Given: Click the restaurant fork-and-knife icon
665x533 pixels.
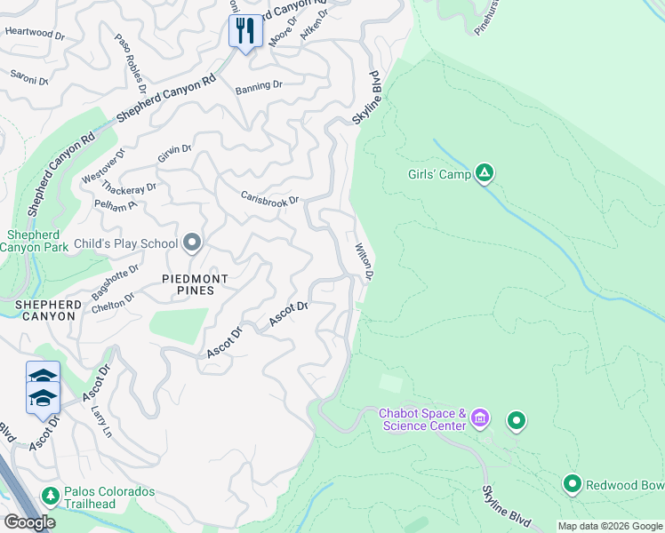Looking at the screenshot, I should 243,32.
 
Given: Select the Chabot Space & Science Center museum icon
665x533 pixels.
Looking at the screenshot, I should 480,418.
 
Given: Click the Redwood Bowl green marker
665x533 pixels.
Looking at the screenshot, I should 573,484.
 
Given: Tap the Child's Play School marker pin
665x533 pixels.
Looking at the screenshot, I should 192,243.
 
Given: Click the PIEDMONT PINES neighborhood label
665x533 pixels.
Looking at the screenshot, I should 195,284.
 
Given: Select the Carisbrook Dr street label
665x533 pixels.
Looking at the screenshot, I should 270,199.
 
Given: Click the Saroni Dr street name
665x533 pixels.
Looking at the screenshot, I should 28,79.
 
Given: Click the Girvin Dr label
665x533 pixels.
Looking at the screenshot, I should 174,154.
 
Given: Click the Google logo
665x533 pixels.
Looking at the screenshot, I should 29,522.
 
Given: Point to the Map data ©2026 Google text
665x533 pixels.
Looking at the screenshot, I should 610,526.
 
